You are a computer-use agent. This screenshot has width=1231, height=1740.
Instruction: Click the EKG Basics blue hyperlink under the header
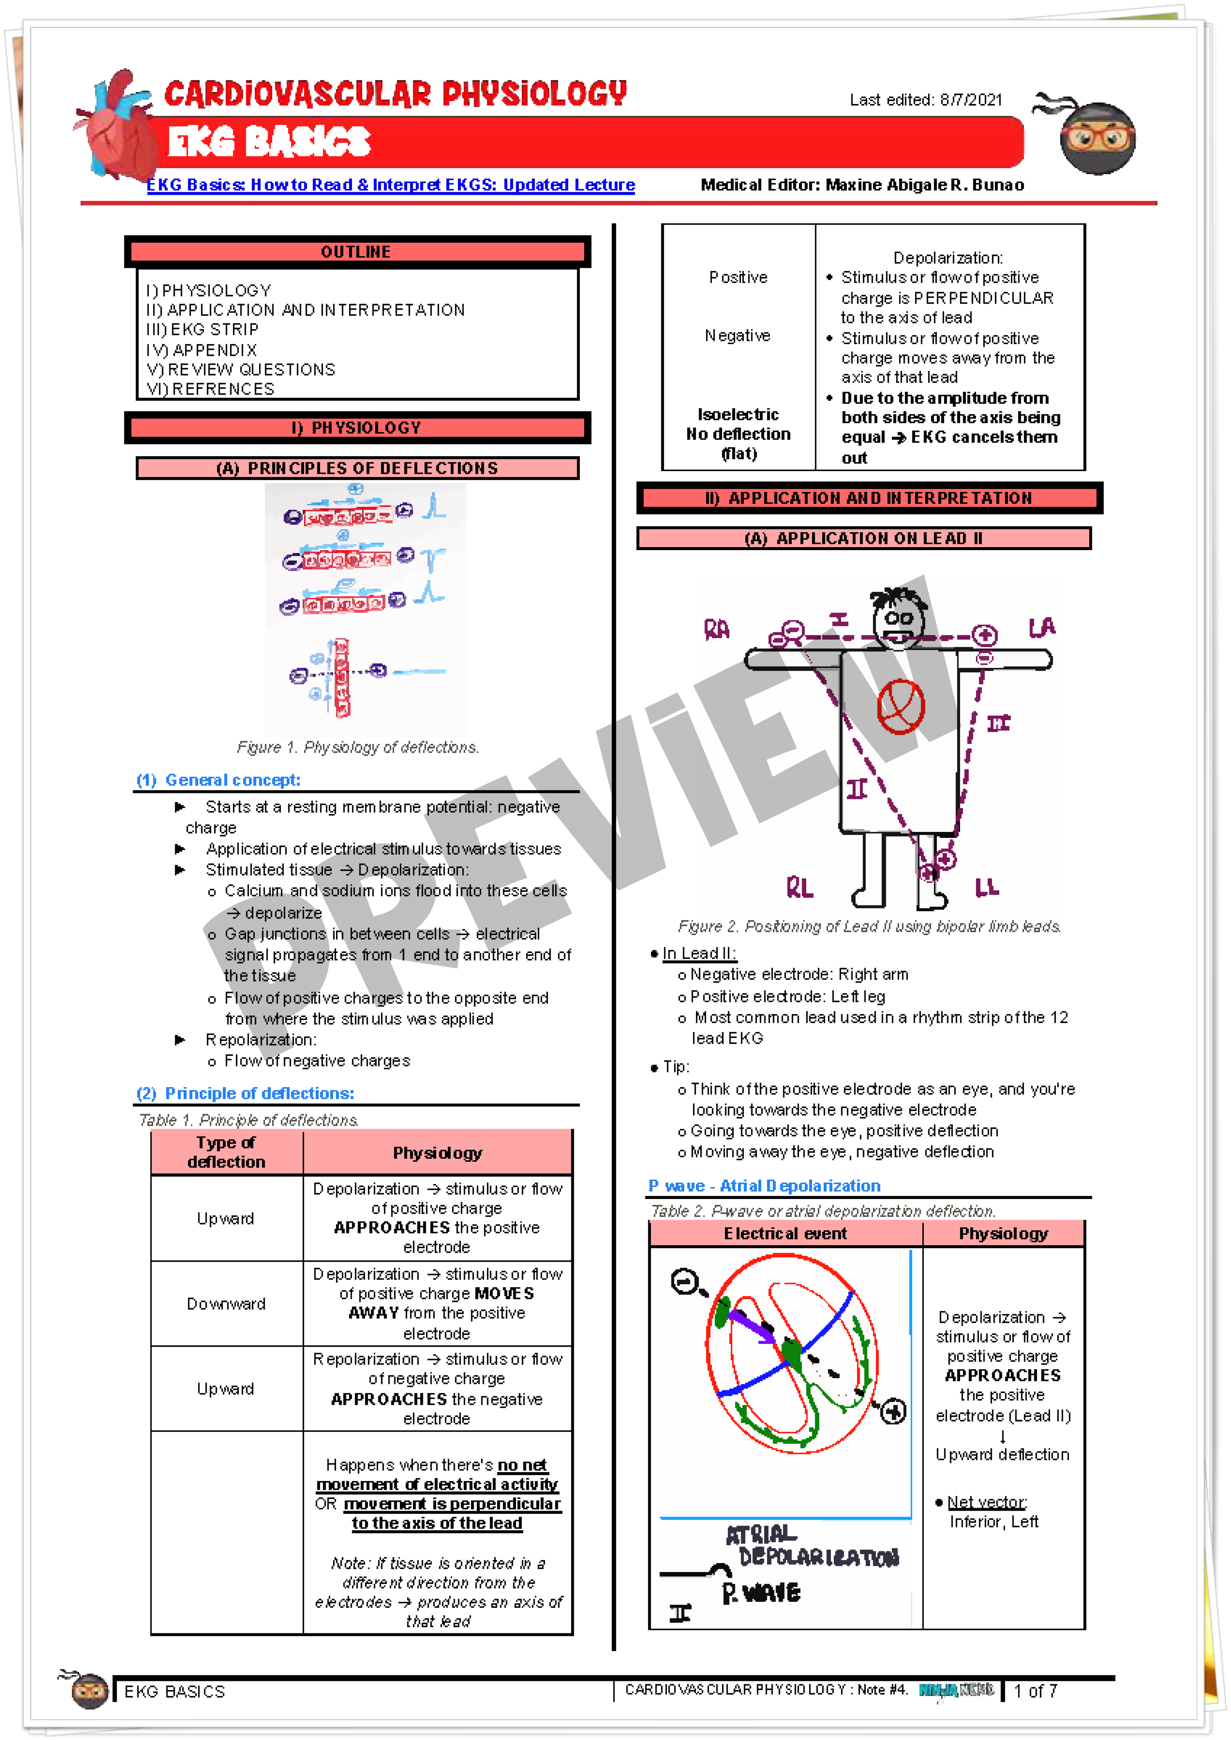390,185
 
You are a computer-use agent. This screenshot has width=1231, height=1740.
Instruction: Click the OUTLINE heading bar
356,251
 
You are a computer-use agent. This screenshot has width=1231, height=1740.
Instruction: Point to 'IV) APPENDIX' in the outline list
201,350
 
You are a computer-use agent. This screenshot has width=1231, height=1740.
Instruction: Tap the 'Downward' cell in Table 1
226,1304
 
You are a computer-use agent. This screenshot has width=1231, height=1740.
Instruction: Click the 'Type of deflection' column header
226,1152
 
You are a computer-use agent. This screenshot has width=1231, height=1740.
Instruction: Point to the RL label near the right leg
800,887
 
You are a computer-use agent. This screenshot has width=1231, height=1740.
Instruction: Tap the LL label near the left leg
987,887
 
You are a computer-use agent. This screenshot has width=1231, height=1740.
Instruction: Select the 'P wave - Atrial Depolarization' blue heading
764,1185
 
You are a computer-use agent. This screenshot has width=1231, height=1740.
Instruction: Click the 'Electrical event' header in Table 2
785,1234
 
